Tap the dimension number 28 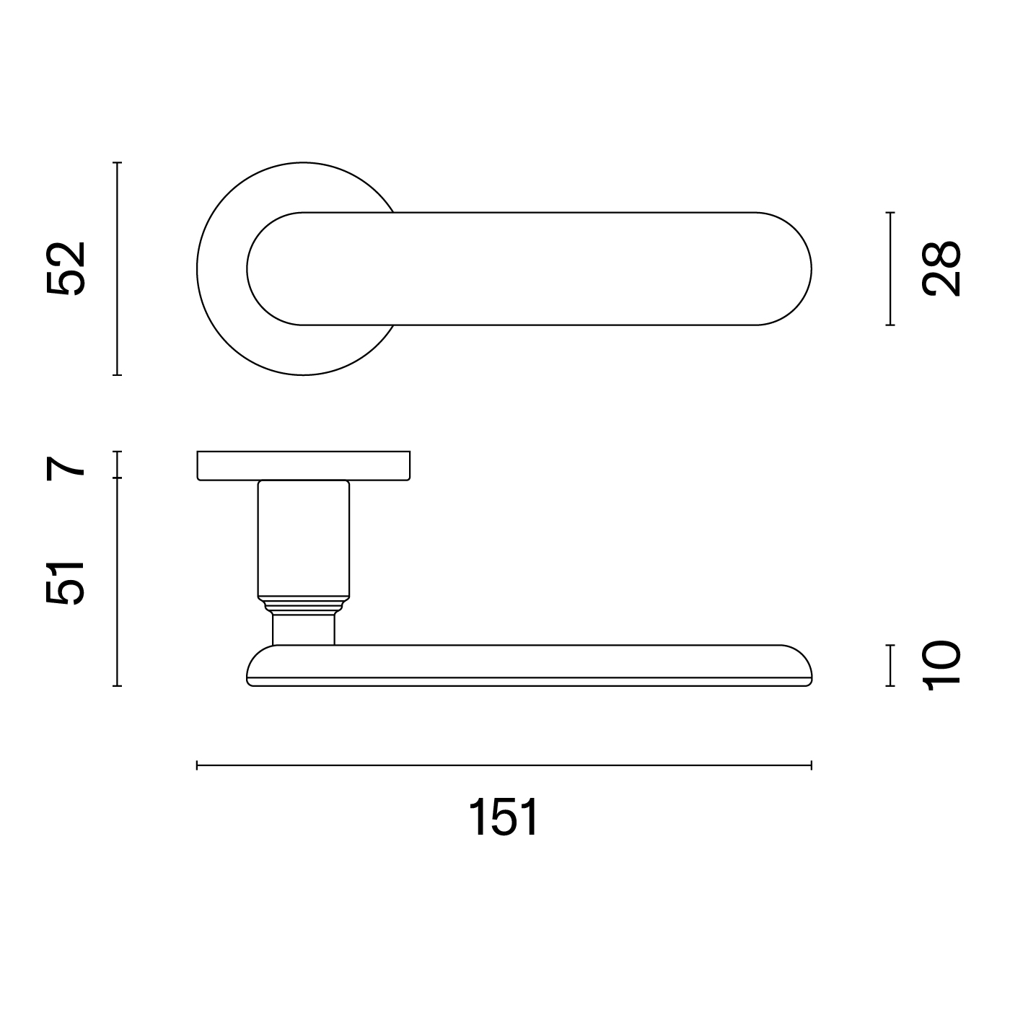(x=941, y=269)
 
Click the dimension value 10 (x=941, y=666)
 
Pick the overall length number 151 (x=504, y=818)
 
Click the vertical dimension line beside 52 (x=118, y=269)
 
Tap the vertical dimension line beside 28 (x=890, y=269)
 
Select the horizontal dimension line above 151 (x=504, y=765)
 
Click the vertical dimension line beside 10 (x=890, y=666)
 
